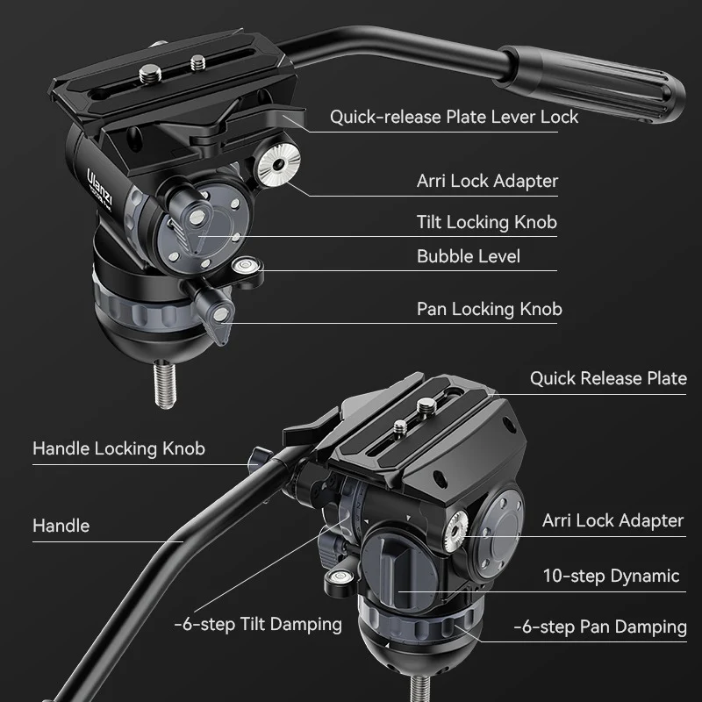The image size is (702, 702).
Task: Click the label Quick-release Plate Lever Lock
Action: [x=454, y=117]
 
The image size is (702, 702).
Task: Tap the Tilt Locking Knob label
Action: [x=486, y=222]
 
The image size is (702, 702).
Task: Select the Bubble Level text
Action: [x=468, y=256]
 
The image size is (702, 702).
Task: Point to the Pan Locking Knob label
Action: [x=489, y=309]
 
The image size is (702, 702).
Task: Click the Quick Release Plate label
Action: [x=607, y=378]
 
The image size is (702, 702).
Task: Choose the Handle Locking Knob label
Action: [x=118, y=448]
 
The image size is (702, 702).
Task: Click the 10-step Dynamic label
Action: [x=611, y=576]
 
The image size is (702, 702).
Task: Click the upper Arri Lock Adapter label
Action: [x=487, y=182]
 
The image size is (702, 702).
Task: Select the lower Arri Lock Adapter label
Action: [x=612, y=520]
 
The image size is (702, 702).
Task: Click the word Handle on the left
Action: [x=61, y=526]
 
